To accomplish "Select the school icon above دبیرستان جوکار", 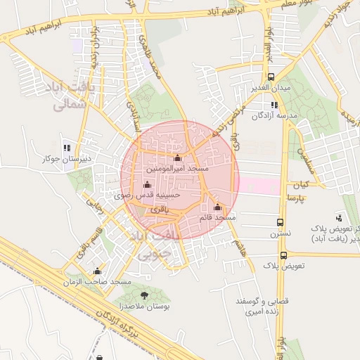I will [67, 148].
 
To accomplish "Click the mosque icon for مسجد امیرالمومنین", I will [176, 157].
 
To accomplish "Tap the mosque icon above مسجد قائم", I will [217, 207].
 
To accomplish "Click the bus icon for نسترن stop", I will [281, 221].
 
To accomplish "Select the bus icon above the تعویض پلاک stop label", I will [283, 256].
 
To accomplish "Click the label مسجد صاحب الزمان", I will [97, 281].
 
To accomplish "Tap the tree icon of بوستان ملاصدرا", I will [145, 295].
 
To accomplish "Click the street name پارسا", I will [293, 198].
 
